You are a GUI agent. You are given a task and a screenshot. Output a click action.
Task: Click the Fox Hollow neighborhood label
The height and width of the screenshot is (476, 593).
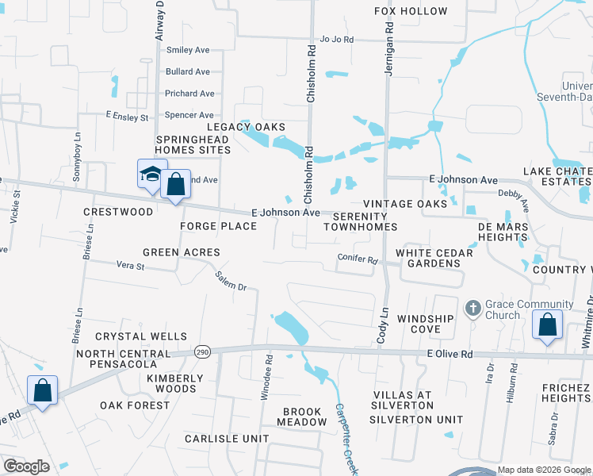411,12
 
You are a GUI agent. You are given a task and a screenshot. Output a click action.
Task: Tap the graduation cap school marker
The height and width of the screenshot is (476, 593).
150,176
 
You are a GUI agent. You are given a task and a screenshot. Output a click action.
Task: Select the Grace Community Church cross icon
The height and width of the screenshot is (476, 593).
472,307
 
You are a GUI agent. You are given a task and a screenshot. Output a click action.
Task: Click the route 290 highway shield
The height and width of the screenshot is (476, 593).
204,351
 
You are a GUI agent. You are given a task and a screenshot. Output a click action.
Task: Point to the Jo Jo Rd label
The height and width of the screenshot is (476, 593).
336,39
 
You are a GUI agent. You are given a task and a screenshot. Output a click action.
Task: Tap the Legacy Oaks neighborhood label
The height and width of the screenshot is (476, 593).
246,127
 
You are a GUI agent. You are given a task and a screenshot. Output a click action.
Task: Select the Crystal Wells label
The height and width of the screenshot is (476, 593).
142,337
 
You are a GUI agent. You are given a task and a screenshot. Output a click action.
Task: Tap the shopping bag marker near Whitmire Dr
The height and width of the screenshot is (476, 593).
547,324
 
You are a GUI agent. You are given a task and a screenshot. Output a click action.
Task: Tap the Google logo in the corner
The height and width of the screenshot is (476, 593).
26,466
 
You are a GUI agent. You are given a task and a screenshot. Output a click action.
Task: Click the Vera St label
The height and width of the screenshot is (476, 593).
131,266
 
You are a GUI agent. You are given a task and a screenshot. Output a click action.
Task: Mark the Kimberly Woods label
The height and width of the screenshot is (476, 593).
170,383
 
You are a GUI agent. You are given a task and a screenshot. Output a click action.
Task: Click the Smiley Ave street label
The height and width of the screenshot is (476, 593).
188,50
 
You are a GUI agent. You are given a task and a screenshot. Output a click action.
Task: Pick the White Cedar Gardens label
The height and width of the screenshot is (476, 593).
434,259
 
